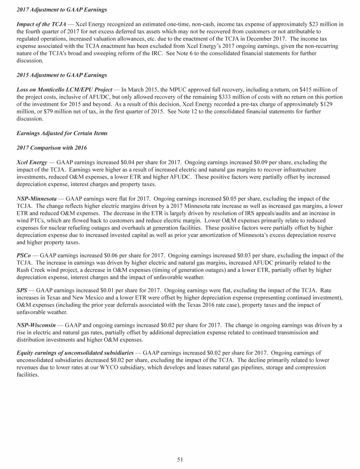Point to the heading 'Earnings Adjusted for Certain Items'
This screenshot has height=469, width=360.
(62, 133)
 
